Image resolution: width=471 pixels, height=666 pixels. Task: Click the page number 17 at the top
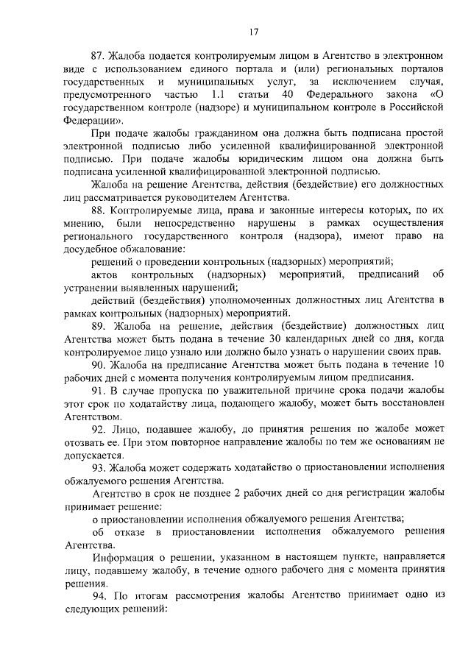(252, 31)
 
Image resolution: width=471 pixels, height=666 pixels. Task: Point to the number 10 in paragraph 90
(439, 364)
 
